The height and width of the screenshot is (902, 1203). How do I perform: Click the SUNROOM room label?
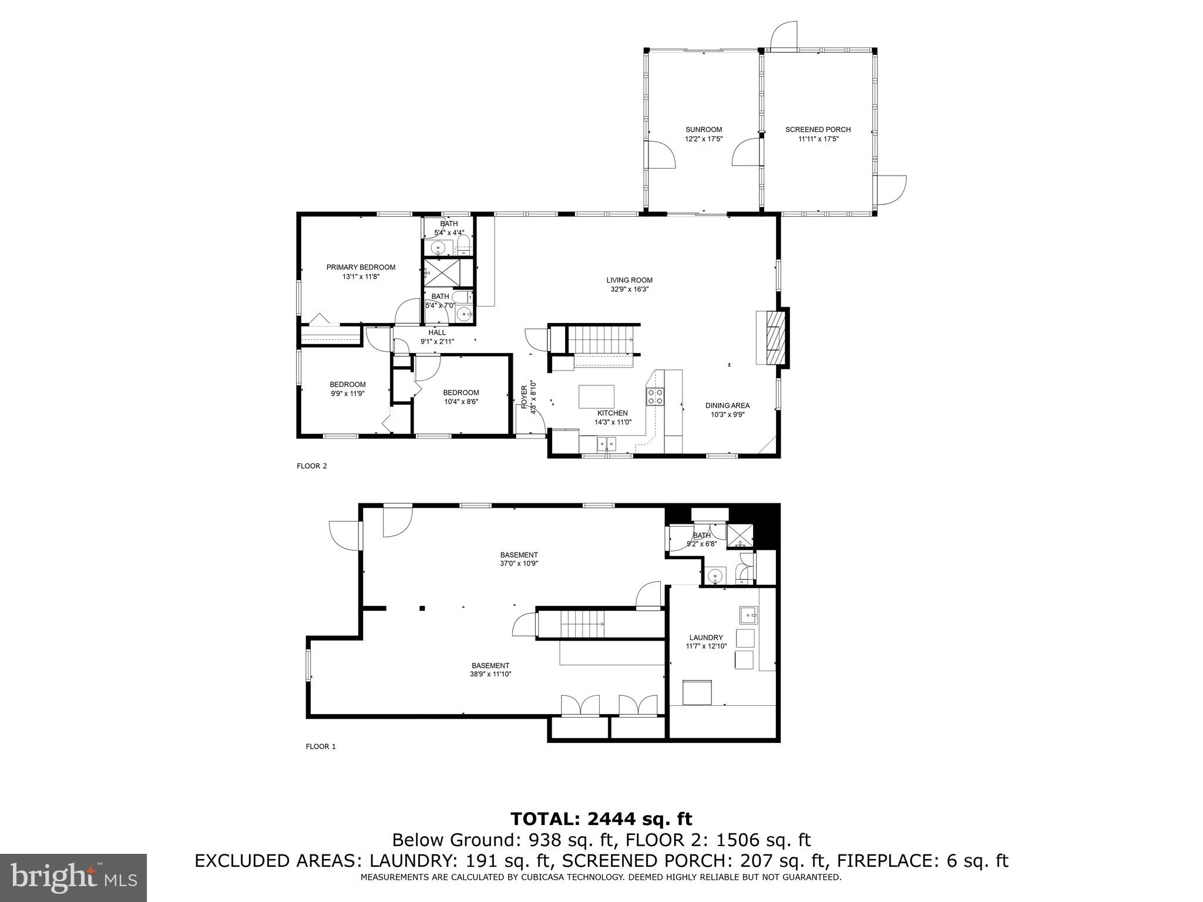tap(703, 130)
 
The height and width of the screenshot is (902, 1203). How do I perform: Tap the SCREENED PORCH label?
tap(818, 130)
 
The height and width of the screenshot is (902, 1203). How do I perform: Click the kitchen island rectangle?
tap(596, 396)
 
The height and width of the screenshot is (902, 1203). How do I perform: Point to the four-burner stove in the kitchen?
tap(655, 397)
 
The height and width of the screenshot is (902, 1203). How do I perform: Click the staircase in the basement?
tap(582, 624)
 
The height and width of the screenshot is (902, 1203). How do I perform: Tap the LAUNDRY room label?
tap(705, 638)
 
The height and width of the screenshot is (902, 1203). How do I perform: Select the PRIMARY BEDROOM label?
tap(361, 267)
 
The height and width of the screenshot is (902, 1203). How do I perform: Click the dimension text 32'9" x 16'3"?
tap(629, 289)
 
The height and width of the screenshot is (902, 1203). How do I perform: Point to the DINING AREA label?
tap(727, 405)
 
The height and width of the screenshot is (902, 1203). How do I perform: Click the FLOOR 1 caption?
tap(320, 747)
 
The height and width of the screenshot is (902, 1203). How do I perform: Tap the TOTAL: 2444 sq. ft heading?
tap(601, 819)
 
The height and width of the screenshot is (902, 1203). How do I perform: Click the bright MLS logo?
tap(73, 878)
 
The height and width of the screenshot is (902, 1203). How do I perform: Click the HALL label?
tap(436, 332)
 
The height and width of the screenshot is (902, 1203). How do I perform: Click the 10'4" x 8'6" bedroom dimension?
tap(461, 402)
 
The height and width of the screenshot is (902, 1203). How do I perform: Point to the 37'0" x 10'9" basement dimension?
tap(519, 563)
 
